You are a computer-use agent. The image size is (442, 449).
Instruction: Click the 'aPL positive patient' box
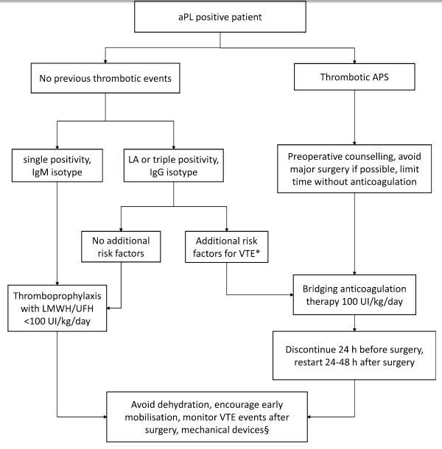[x=220, y=17]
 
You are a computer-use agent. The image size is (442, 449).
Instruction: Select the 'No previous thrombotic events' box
[x=105, y=78]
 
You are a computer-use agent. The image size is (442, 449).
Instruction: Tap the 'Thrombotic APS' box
[x=354, y=77]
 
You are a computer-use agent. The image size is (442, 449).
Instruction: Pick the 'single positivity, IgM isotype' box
[x=57, y=165]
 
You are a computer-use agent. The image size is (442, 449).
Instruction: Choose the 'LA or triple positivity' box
[x=173, y=165]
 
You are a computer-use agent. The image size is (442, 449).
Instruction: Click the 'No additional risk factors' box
[x=121, y=247]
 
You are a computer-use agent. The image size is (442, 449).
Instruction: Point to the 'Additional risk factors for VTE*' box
[x=226, y=247]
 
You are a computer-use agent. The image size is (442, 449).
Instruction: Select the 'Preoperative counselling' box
[x=354, y=169]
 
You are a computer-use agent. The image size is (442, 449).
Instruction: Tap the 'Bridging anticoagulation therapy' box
[x=354, y=294]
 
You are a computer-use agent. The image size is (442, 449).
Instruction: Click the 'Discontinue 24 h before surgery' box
[x=354, y=356]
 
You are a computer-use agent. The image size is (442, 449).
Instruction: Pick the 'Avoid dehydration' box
[x=207, y=417]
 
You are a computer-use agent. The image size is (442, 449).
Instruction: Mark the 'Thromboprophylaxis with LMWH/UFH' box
[x=57, y=308]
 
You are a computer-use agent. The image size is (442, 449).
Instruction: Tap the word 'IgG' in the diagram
[x=157, y=172]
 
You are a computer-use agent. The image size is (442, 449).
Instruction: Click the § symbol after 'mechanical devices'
[x=267, y=430]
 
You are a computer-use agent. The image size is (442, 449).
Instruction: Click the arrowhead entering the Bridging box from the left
[x=292, y=294]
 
